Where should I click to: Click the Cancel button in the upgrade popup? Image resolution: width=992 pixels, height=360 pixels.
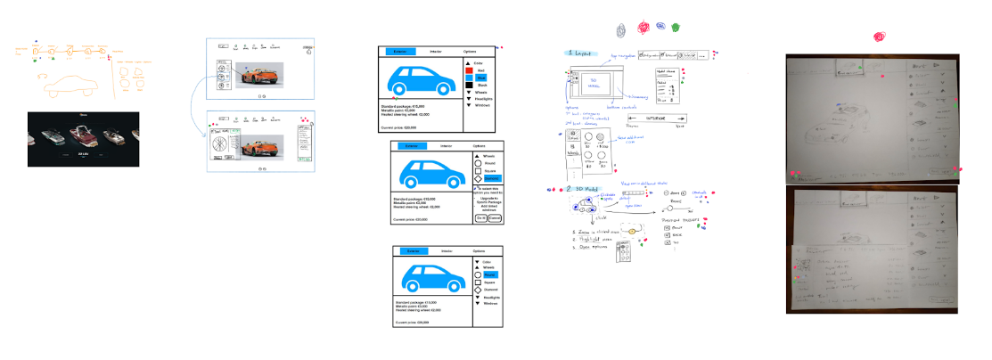point(495,217)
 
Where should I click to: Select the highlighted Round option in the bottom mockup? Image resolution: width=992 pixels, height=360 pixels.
point(490,274)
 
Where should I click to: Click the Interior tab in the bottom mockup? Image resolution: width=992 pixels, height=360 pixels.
point(447,251)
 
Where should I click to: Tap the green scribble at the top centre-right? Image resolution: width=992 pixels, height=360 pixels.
point(675,28)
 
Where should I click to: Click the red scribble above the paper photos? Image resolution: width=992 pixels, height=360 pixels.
point(879,37)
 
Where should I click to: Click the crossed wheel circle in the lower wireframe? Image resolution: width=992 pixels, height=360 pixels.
point(216,139)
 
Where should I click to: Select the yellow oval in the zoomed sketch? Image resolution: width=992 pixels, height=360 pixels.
point(634,232)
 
